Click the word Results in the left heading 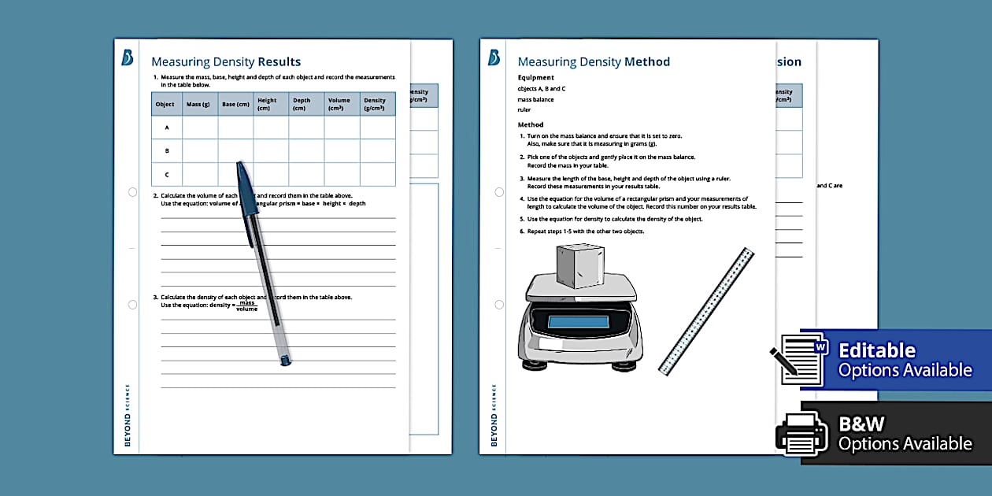(279, 62)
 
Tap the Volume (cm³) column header (340, 104)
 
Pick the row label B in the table (166, 150)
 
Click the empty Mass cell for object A (199, 127)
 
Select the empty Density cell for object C (377, 174)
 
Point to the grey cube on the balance (579, 265)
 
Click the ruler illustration (706, 311)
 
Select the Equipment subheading (536, 78)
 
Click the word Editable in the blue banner (877, 350)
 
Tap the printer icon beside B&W (801, 433)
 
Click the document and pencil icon (800, 359)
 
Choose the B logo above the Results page (127, 58)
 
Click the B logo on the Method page (494, 58)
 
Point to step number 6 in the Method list (521, 231)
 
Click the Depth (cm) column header (304, 104)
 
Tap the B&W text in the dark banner (862, 424)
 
